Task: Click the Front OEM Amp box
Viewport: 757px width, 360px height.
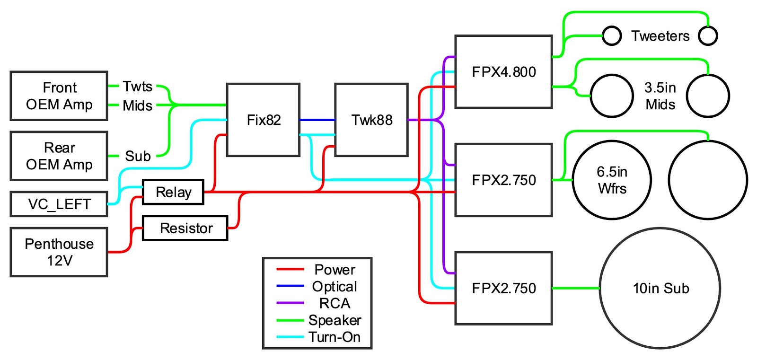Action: (x=59, y=96)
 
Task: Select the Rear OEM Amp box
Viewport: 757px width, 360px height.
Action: (x=59, y=156)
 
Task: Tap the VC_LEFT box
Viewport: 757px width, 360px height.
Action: (x=59, y=204)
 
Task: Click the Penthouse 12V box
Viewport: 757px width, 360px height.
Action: (x=59, y=252)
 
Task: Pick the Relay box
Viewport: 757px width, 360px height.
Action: (x=173, y=192)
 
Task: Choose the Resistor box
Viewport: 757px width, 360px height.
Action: (x=185, y=228)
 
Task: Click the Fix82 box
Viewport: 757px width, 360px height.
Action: (x=263, y=120)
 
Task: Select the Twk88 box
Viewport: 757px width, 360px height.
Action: (x=371, y=120)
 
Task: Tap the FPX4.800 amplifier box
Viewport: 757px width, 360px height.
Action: (x=503, y=72)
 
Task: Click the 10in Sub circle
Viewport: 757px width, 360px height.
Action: (x=660, y=288)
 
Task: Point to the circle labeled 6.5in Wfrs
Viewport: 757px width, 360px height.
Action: (x=612, y=180)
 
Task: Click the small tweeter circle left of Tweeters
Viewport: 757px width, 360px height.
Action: (x=612, y=35)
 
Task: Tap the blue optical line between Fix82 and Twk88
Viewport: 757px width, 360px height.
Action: (x=317, y=120)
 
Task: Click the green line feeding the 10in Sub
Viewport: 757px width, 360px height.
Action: (x=576, y=288)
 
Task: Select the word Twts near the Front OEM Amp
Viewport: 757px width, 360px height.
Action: (x=137, y=87)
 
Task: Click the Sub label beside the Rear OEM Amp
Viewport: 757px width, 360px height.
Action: (x=138, y=156)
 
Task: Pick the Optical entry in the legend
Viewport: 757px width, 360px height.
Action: (x=334, y=286)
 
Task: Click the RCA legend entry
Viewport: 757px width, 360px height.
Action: (x=334, y=303)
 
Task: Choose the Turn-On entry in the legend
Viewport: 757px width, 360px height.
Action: (x=334, y=337)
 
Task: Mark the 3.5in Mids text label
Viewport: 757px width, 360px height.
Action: (x=660, y=96)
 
